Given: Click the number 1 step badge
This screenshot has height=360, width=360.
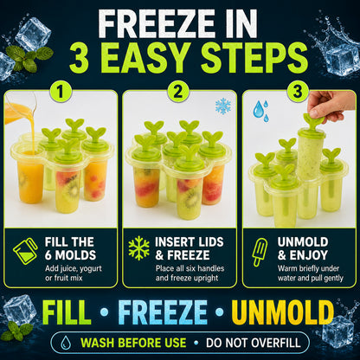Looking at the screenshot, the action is pos(61,92).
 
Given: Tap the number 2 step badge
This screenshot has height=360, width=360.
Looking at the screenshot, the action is pos(178,92).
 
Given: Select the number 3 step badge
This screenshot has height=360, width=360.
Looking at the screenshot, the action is pos(298,92).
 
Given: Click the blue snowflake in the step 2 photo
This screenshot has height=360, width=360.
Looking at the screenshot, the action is pos(223,106).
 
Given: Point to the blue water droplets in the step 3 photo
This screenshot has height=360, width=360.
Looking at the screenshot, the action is pos(261,111).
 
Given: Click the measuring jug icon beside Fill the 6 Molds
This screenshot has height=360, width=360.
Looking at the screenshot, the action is pos(25,251).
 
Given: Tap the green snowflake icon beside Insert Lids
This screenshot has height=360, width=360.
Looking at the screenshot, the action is pos(138,248).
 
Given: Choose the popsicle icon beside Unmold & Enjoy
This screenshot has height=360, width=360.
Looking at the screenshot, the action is pos(260,253).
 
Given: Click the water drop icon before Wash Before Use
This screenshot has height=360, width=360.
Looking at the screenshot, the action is pos(66,343).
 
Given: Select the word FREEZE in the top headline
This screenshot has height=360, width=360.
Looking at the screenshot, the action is pos(156,24).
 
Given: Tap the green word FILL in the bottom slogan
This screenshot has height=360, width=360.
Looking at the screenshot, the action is pos(66,312).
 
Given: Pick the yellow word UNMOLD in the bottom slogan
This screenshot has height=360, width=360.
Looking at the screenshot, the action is pos(283,312).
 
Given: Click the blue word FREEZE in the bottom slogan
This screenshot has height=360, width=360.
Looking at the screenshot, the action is pos(163,312).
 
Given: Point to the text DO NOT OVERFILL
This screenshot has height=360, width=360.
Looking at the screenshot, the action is pos(254,343).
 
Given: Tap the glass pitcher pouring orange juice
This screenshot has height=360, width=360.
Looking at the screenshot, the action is pos(21,108).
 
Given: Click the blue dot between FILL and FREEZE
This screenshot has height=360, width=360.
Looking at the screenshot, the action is pos(104,312).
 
